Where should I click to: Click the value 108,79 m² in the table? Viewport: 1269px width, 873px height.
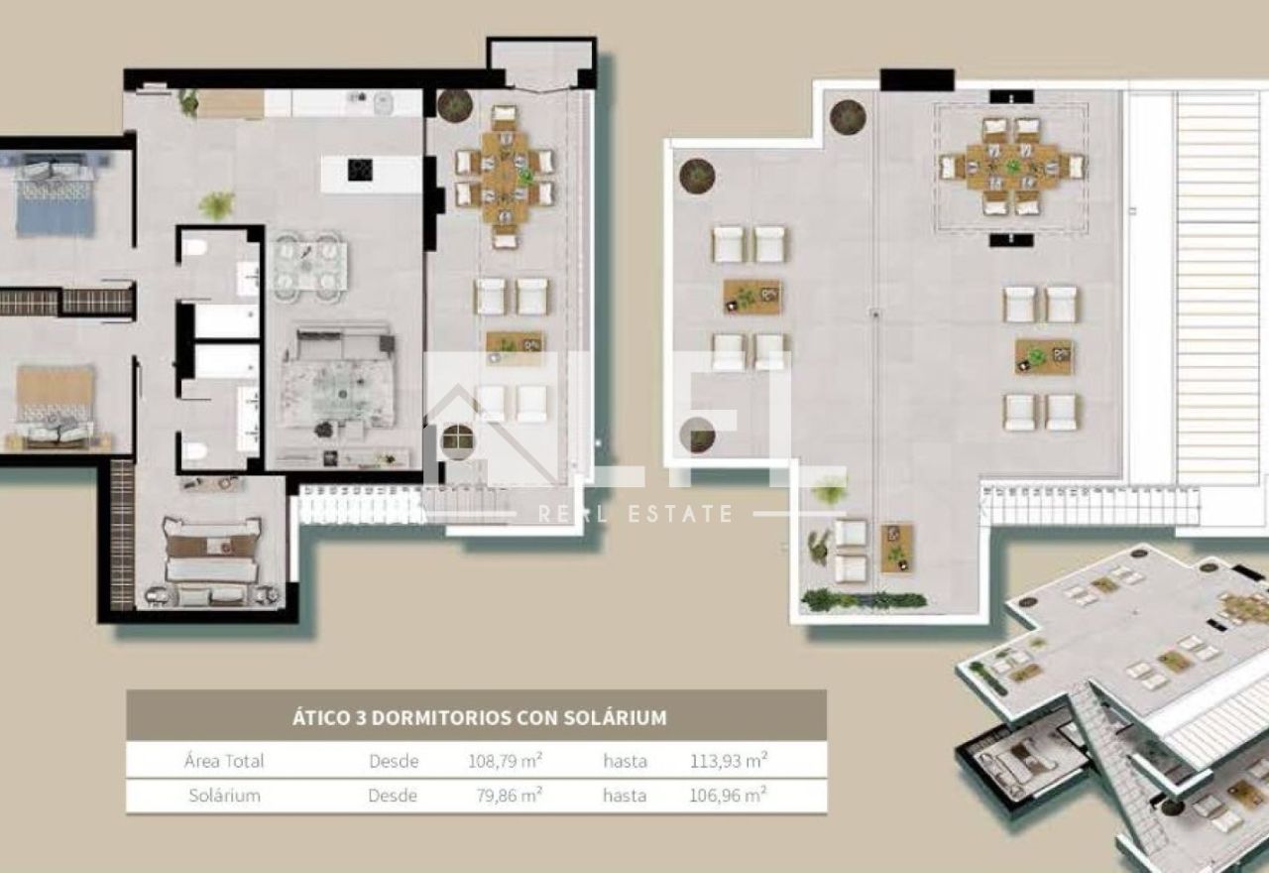505,760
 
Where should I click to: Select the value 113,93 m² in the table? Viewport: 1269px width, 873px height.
729,760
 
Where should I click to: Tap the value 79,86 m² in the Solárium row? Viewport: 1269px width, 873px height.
509,795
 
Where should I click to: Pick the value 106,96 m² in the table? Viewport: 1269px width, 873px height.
728,795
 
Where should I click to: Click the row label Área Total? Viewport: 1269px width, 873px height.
224,760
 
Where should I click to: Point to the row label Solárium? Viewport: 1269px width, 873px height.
224,795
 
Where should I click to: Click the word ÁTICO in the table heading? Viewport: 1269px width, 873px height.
321,717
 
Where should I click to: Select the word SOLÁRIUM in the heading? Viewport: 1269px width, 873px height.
615,717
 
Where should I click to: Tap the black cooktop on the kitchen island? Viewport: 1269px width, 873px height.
360,170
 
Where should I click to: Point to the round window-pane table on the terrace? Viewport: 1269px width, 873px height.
458,440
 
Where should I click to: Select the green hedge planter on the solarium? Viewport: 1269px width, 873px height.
864,600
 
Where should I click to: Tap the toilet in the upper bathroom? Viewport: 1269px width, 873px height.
194,247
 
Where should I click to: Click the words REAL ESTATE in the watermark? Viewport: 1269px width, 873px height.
635,514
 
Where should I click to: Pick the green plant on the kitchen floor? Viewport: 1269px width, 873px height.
217,204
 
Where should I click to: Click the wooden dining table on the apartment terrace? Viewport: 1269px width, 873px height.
505,177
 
